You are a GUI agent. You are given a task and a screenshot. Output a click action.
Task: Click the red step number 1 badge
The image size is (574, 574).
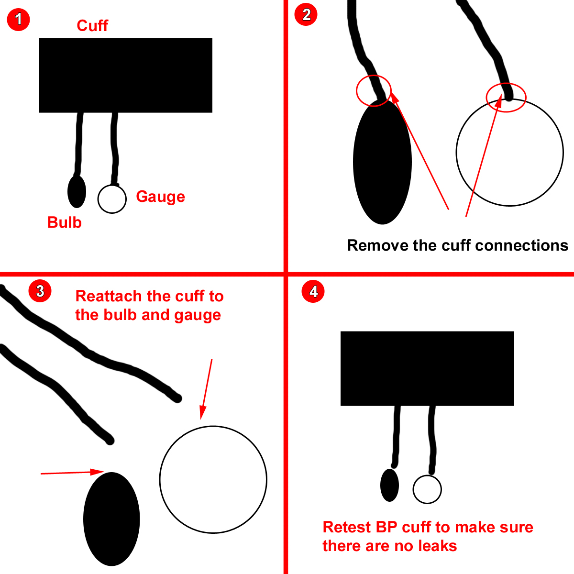pos(19,20)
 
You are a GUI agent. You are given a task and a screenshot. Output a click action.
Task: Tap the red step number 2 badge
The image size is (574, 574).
pos(306,14)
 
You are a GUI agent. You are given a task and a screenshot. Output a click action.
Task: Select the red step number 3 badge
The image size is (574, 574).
pos(40,291)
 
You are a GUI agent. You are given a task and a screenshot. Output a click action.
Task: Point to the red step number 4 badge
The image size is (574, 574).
pos(313,291)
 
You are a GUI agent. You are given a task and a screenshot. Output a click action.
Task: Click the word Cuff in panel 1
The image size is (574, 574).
pos(92,26)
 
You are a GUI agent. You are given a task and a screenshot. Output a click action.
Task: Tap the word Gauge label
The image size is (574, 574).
pos(160,197)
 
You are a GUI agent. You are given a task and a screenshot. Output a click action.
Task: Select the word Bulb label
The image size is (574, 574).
pos(65,222)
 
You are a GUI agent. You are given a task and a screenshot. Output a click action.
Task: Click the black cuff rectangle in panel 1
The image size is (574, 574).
pos(125,76)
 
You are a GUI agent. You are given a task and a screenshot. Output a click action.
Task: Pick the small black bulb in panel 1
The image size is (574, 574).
pos(77,191)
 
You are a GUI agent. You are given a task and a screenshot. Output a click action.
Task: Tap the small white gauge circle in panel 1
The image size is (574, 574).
pos(112,199)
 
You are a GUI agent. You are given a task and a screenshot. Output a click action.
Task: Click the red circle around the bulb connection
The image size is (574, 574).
pos(374,90)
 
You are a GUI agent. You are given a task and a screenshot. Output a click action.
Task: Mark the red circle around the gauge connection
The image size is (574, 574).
pos(506,98)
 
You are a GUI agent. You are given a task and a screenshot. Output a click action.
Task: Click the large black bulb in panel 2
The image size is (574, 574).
pos(382,163)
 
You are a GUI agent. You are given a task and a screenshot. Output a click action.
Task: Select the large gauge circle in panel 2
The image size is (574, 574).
pos(510,153)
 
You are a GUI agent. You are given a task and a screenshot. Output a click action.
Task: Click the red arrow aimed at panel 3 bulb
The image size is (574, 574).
pos(72,473)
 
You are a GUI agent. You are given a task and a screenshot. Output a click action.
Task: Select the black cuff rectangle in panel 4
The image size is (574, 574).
pos(427,368)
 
